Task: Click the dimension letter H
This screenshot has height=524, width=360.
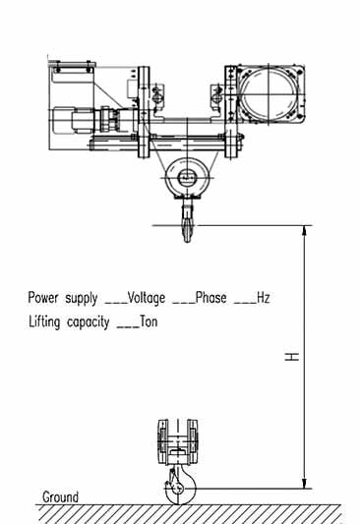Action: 292,356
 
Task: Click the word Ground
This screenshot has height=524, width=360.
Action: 60,496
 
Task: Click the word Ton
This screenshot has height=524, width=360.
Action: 148,321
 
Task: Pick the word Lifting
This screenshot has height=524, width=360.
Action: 45,321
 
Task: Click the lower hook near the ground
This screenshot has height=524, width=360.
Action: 177,486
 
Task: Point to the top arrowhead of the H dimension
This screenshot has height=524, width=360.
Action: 306,232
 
